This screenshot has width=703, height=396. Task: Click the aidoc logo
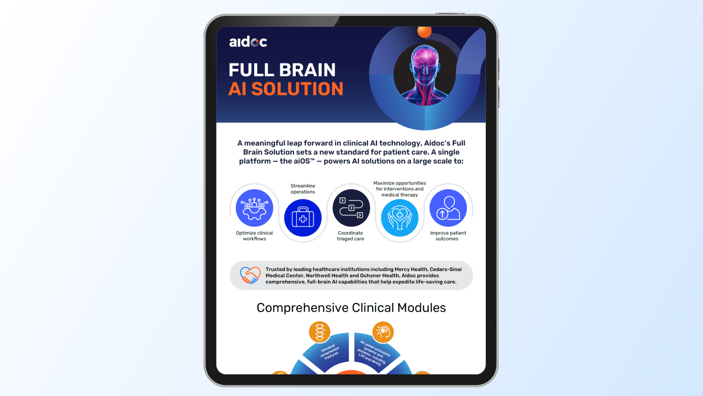click(x=248, y=41)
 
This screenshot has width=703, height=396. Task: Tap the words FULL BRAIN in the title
click(x=282, y=70)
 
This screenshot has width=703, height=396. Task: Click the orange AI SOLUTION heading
click(x=286, y=89)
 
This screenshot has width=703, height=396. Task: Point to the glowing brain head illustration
click(x=425, y=75)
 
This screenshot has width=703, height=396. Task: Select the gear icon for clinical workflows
click(x=254, y=208)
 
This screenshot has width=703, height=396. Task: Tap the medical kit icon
click(x=303, y=218)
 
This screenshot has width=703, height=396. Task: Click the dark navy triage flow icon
click(x=351, y=208)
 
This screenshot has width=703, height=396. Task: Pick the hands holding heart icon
click(x=400, y=218)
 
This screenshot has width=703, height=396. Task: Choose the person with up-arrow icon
click(x=448, y=208)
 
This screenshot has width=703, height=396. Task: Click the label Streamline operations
click(x=303, y=189)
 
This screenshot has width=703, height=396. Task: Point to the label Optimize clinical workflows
click(x=254, y=236)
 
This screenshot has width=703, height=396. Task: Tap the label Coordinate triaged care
click(x=350, y=236)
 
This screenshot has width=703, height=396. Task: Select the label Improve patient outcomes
click(x=448, y=236)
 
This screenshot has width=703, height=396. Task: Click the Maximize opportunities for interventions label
click(x=400, y=189)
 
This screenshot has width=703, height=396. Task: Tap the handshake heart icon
click(x=250, y=275)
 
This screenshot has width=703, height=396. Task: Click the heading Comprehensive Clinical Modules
click(x=351, y=308)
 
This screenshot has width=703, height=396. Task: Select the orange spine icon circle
click(x=320, y=332)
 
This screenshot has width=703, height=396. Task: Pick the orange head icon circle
click(x=383, y=332)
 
